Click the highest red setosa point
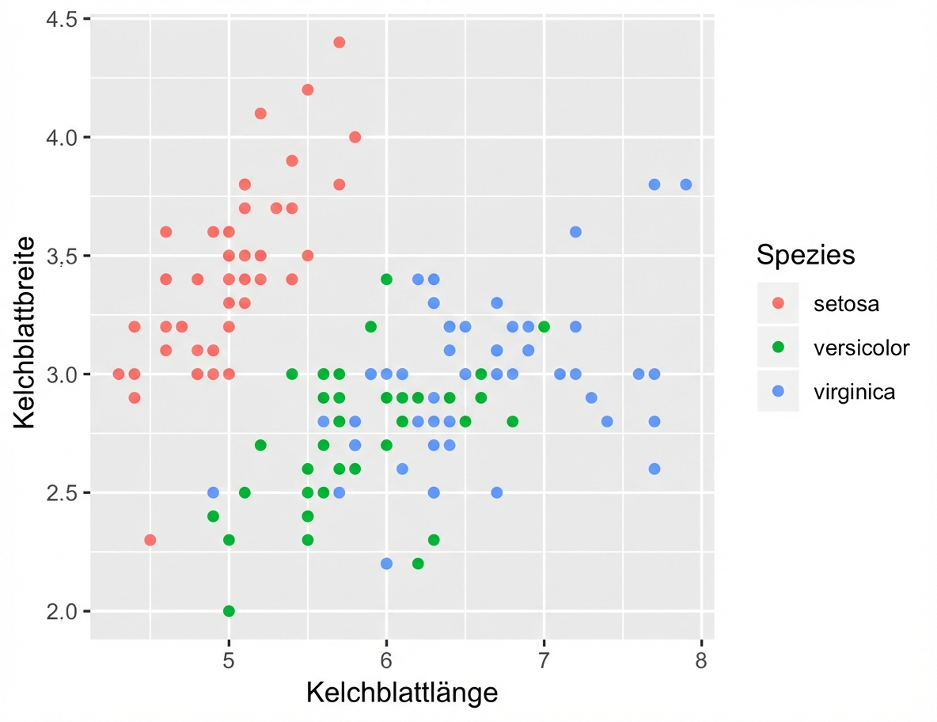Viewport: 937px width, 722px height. tap(339, 42)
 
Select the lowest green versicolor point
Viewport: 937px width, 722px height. tap(229, 610)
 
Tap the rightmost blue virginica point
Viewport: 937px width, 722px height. tap(685, 184)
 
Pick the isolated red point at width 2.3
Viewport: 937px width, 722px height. tap(150, 540)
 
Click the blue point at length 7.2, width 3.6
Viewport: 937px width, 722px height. tap(575, 232)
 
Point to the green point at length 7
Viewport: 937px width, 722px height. tap(544, 326)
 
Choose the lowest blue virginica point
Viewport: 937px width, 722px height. tap(386, 564)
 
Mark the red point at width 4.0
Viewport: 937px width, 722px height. tap(355, 137)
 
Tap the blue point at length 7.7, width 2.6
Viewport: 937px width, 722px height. tap(654, 469)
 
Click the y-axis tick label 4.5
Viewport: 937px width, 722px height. tap(60, 19)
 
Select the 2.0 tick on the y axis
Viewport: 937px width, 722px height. tap(60, 611)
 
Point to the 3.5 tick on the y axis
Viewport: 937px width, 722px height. tap(60, 256)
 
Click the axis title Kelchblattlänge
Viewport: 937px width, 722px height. tap(402, 693)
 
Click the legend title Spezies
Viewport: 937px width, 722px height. tap(805, 255)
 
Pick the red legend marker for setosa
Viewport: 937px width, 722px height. tap(778, 303)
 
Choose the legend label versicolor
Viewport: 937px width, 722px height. tap(861, 348)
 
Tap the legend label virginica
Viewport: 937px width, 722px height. tap(854, 391)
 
